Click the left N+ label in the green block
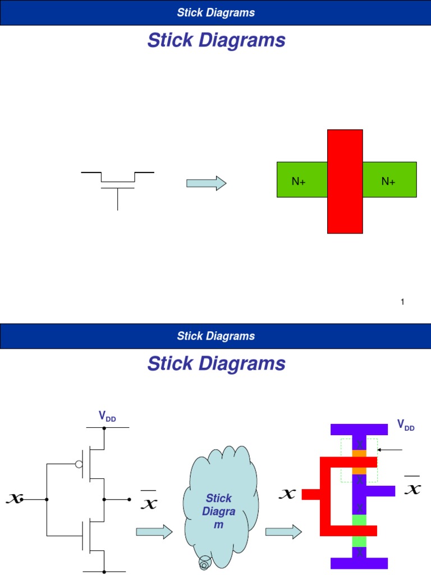pyautogui.click(x=298, y=181)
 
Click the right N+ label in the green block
pyautogui.click(x=388, y=181)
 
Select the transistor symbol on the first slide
pyautogui.click(x=117, y=188)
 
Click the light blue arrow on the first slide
pyautogui.click(x=206, y=183)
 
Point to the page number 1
pyautogui.click(x=402, y=302)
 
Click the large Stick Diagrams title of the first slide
pyautogui.click(x=216, y=40)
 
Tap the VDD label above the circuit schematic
pyautogui.click(x=107, y=416)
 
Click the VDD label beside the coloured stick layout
pyautogui.click(x=406, y=425)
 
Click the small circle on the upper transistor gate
pyautogui.click(x=79, y=464)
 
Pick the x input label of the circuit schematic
pyautogui.click(x=14, y=498)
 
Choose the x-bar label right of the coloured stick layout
pyautogui.click(x=412, y=486)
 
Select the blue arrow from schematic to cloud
pyautogui.click(x=154, y=532)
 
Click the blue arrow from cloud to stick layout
pyautogui.click(x=282, y=532)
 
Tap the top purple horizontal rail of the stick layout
pyautogui.click(x=359, y=430)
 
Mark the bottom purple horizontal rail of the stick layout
pyautogui.click(x=359, y=563)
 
